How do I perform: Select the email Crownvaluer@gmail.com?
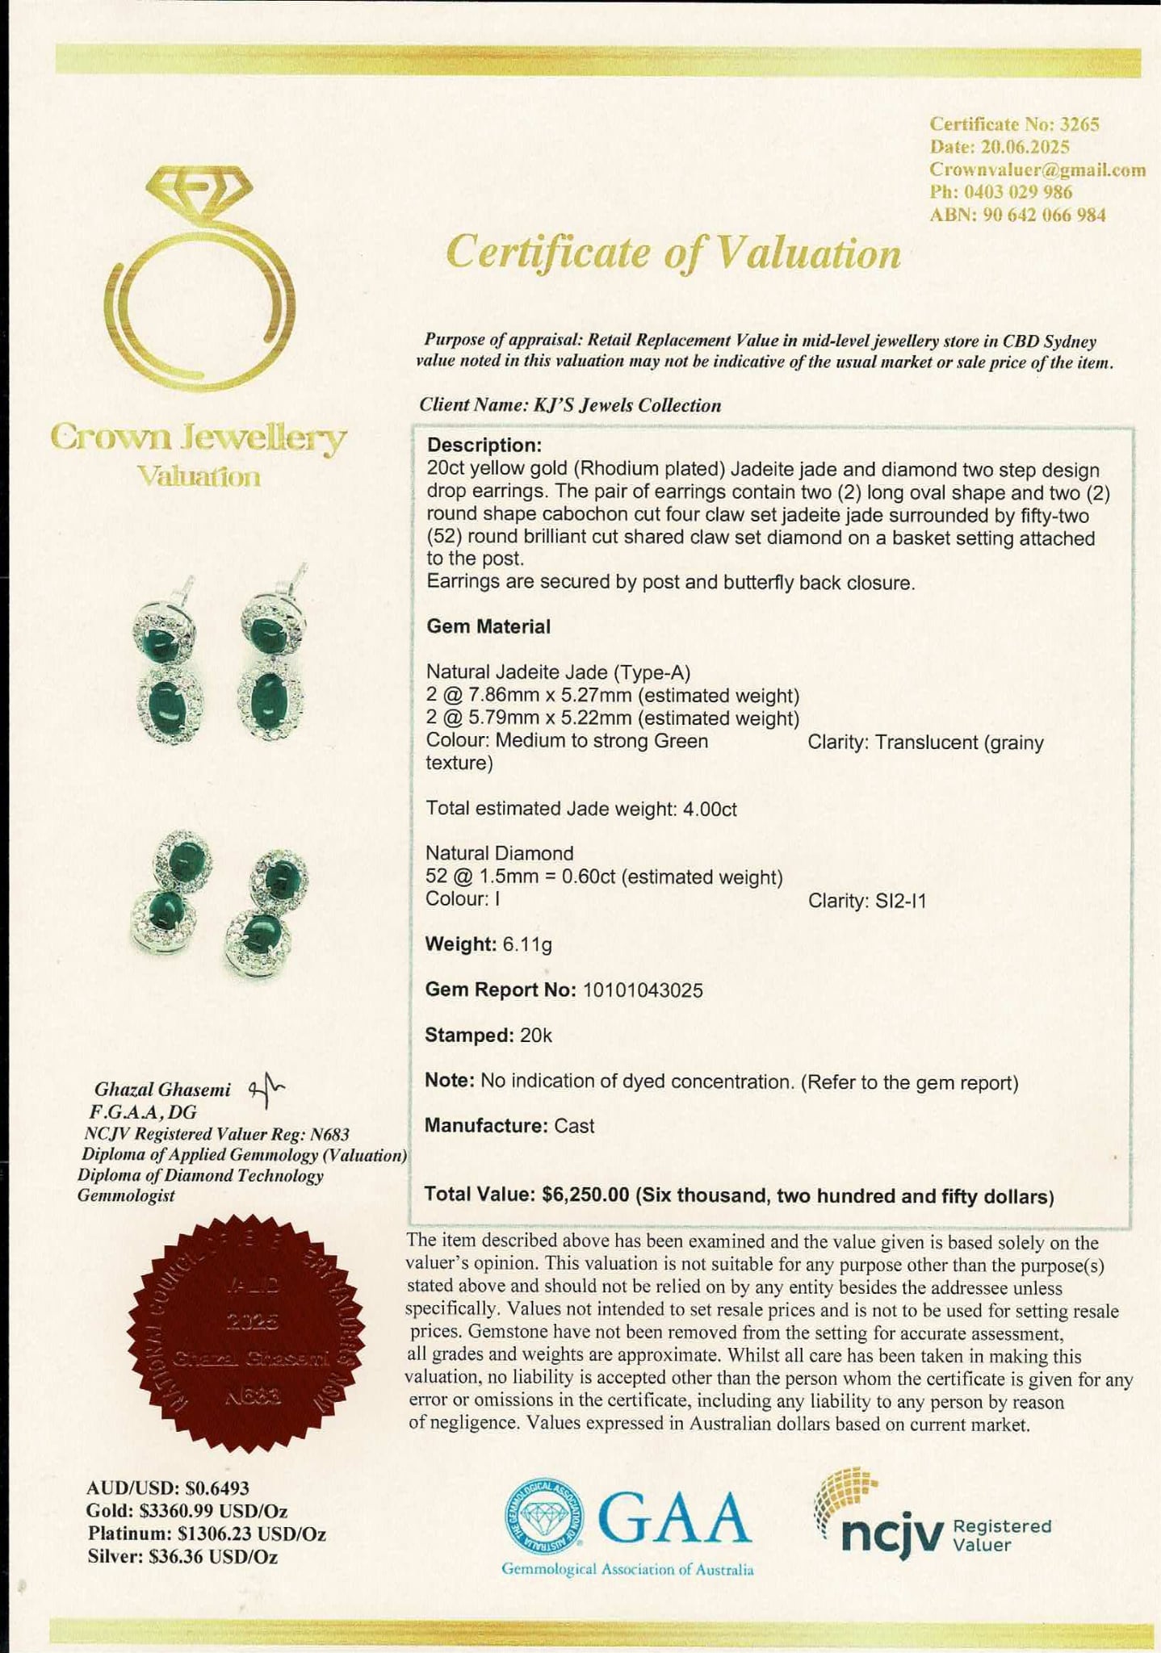pos(1037,169)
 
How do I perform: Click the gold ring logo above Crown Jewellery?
pos(199,274)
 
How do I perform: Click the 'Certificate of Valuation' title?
pos(673,253)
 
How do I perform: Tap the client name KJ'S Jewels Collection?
pos(627,405)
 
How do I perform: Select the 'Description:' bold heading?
pos(484,446)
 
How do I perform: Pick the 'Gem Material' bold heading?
pos(488,626)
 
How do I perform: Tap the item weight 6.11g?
pos(527,944)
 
